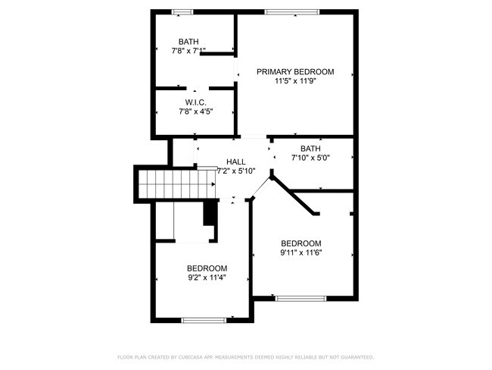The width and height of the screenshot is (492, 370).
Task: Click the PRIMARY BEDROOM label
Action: coord(295,72)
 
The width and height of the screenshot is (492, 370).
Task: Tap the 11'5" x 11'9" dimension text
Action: coord(295,81)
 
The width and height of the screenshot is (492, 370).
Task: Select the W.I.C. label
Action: coord(196,102)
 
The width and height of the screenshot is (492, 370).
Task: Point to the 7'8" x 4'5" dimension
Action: coord(196,111)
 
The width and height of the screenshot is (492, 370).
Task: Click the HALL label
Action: coord(236,162)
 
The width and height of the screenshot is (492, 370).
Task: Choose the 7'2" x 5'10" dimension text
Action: coord(237,171)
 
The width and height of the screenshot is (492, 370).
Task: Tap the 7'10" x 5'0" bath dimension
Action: coord(310,158)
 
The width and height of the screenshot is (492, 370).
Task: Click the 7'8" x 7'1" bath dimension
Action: coord(188,51)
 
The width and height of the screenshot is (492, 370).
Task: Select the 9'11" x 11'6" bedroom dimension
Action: coord(301,252)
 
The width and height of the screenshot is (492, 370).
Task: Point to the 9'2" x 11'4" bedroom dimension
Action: coord(207,277)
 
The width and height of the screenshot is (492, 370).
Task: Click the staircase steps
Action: coord(176,184)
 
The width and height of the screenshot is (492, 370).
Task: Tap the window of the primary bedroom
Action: coord(292,12)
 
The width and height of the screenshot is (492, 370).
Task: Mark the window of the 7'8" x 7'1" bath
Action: coord(182,12)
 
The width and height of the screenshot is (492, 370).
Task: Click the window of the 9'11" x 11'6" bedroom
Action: coord(301,298)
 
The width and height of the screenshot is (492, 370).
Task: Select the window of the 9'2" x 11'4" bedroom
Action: coord(204,320)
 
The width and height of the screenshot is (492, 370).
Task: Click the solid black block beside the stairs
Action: coord(209,213)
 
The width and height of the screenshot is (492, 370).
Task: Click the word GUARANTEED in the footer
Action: coord(357,357)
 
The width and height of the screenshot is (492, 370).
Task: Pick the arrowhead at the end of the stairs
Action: coord(213,184)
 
